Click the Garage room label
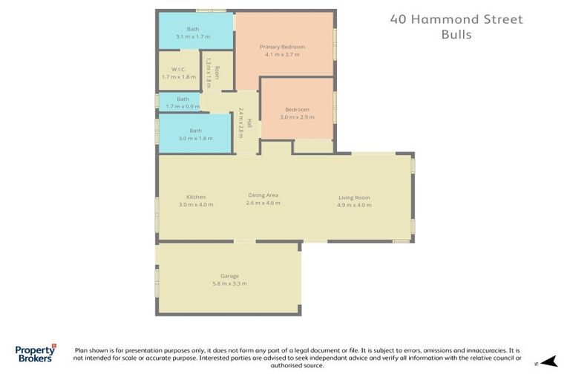(229, 276)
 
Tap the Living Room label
(354, 197)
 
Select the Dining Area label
(263, 195)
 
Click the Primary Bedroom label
(282, 47)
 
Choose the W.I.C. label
(178, 70)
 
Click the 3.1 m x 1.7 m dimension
(193, 36)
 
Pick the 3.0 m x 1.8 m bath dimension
(195, 138)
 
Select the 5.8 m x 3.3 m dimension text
(229, 284)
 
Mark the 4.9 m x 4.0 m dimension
(354, 204)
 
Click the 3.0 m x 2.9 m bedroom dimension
(297, 117)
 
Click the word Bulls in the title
(456, 35)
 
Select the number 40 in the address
(399, 20)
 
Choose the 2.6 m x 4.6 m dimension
(263, 203)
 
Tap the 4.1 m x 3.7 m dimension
(282, 54)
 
